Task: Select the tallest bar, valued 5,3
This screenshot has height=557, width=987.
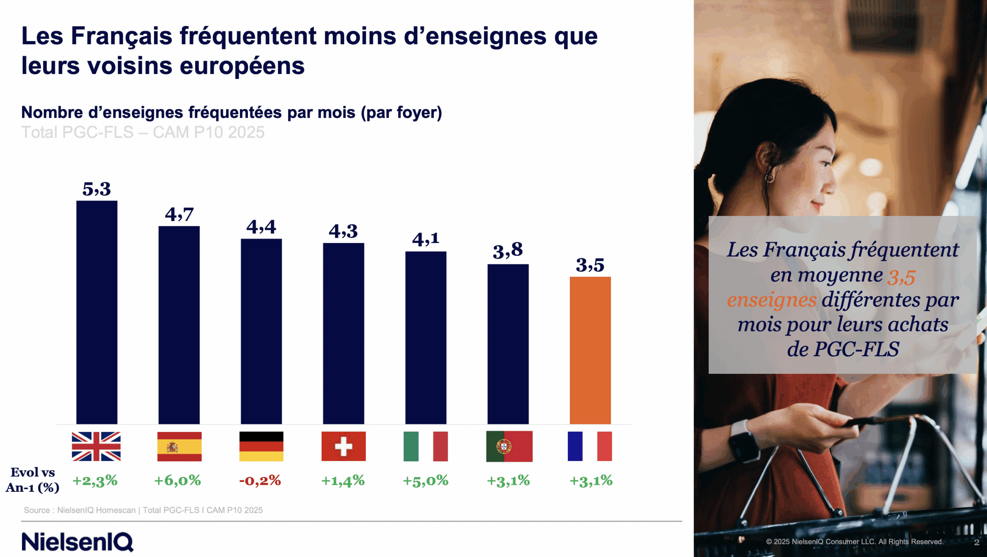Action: [x=97, y=312]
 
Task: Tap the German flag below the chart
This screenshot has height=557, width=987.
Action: [x=261, y=446]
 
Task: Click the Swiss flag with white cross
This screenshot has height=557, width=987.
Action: [x=343, y=446]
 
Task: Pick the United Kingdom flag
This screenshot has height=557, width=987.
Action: [x=96, y=446]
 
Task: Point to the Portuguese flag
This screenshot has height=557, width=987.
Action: [x=509, y=446]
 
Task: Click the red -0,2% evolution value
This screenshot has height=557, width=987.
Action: [x=260, y=481]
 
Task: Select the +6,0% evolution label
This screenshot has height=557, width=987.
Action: [x=177, y=481]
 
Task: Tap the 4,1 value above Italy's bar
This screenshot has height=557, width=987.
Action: [x=425, y=239]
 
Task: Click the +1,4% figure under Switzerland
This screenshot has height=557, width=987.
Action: [x=343, y=481]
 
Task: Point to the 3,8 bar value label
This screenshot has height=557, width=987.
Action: [x=507, y=251]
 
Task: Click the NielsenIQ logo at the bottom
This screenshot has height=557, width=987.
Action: [x=77, y=542]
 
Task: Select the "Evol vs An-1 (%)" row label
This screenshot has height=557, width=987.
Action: [x=33, y=480]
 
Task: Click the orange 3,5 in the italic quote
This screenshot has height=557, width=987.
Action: [x=901, y=277]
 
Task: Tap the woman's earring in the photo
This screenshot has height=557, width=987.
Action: [x=770, y=177]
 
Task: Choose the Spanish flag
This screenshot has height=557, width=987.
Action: [x=179, y=446]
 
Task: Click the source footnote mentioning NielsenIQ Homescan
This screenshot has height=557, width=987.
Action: [x=143, y=510]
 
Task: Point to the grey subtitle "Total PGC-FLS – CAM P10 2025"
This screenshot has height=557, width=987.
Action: [x=143, y=132]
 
